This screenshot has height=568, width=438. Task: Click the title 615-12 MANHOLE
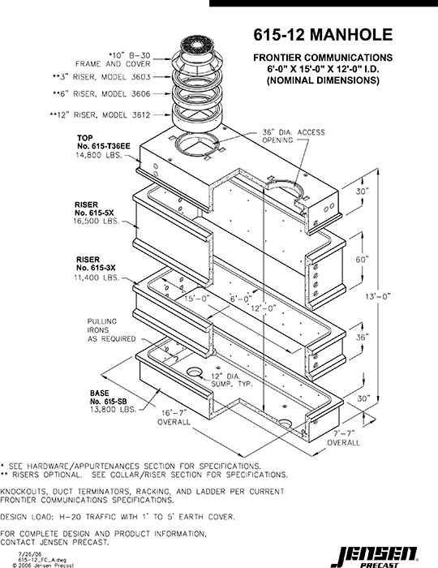(x=323, y=35)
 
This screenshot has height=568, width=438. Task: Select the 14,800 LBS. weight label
(x=97, y=155)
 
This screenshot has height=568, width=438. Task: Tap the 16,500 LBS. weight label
(x=97, y=222)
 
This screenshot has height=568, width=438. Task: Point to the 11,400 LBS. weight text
(x=97, y=278)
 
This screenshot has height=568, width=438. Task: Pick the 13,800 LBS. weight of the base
(x=113, y=410)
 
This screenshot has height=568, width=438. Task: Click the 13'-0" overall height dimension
(x=379, y=296)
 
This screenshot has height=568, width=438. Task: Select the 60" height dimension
(x=362, y=260)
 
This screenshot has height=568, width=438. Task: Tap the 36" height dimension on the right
(x=362, y=338)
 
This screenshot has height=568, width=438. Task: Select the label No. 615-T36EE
(x=104, y=146)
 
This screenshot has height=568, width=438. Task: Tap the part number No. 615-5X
(x=94, y=213)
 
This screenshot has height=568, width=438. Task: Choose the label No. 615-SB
(x=108, y=402)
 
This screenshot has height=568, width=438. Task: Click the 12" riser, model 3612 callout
(x=100, y=115)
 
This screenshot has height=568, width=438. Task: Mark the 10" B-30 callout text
(x=129, y=55)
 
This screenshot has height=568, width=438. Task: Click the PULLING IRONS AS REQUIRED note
(x=111, y=330)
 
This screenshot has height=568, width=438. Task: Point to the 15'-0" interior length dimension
(x=197, y=299)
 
